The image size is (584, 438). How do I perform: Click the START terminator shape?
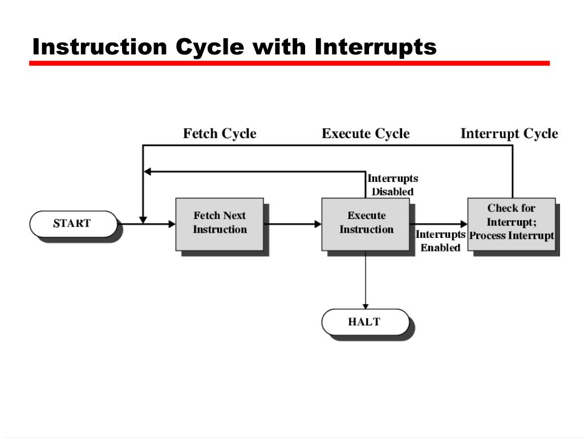72,224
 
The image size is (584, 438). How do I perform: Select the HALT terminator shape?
365,322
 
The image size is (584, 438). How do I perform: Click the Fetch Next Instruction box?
220,224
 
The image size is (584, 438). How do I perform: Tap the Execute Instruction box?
366,224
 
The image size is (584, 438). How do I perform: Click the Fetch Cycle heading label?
220,134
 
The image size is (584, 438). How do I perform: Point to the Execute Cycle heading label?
366,134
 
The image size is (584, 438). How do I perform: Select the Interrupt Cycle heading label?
509,134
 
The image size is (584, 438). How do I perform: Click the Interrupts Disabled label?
392,185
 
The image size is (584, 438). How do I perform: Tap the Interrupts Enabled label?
440,241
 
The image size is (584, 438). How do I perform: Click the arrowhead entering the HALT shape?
366,305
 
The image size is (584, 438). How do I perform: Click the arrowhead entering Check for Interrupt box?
463,224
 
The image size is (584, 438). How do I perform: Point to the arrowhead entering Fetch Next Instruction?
171,224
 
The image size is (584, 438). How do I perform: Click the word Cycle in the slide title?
209,47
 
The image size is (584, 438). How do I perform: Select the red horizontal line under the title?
289,63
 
